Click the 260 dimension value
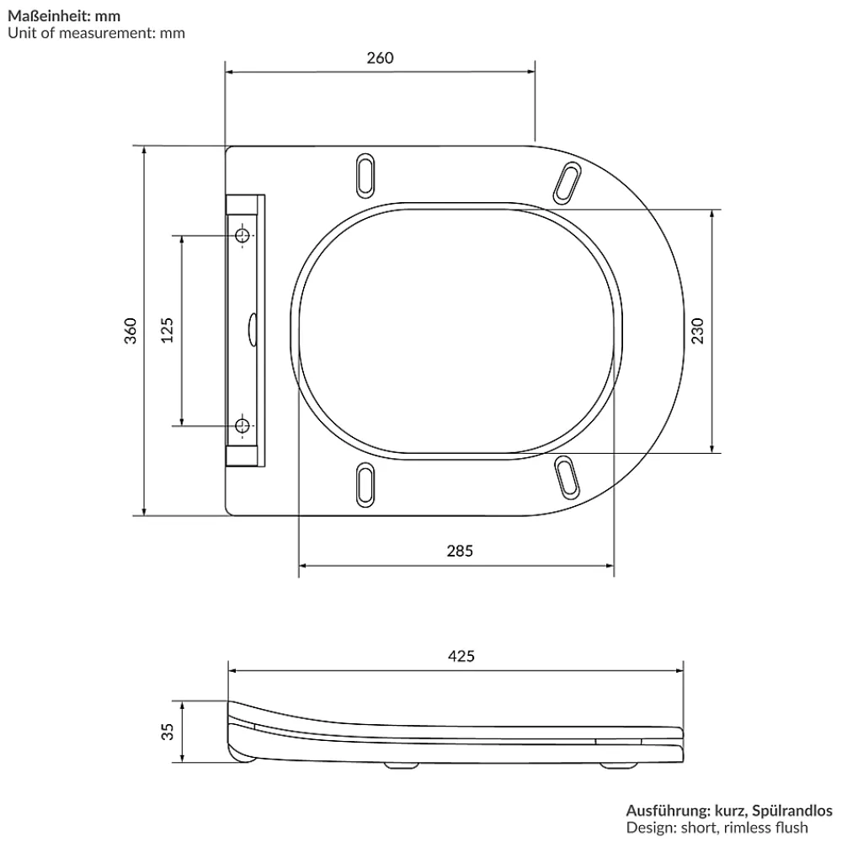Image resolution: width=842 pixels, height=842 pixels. click(381, 58)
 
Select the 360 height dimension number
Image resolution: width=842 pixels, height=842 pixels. click(131, 331)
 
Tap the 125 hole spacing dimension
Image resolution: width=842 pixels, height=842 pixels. click(168, 330)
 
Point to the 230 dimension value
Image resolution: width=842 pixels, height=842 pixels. click(697, 331)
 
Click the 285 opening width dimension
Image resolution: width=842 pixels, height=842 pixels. click(461, 551)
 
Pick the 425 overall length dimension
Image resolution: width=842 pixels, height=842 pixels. click(461, 656)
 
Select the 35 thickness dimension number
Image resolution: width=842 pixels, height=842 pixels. click(168, 732)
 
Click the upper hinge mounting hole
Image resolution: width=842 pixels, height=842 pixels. click(242, 235)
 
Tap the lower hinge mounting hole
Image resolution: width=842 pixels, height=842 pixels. click(242, 426)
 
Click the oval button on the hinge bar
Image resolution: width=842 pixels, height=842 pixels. click(252, 330)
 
